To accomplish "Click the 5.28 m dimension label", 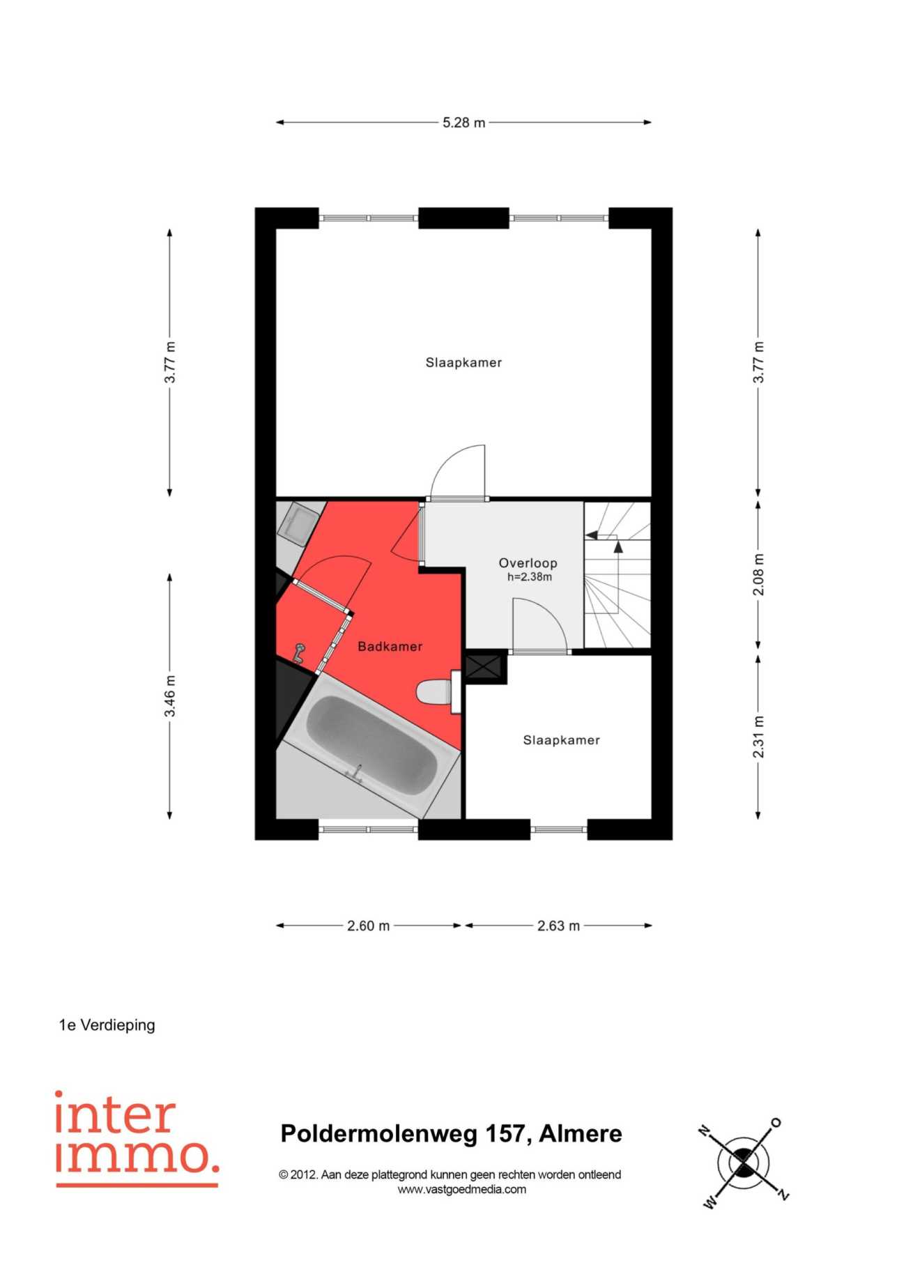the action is tap(463, 123).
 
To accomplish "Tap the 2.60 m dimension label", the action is tap(369, 926).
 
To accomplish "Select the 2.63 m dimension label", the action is tap(558, 926).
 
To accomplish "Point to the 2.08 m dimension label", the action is tap(758, 574).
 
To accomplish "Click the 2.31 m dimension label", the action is tap(758, 737).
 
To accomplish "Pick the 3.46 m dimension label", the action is tap(170, 696).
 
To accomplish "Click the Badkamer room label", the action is tap(390, 646).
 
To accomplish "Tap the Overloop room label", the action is tap(528, 562).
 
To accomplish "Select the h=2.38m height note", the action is tap(529, 577).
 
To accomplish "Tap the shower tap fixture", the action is tap(299, 652).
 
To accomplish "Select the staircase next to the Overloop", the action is tap(617, 575).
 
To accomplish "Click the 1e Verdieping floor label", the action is tap(107, 1025).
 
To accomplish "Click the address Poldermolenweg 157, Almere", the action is tap(451, 1134).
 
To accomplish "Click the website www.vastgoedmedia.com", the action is tap(461, 1190).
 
